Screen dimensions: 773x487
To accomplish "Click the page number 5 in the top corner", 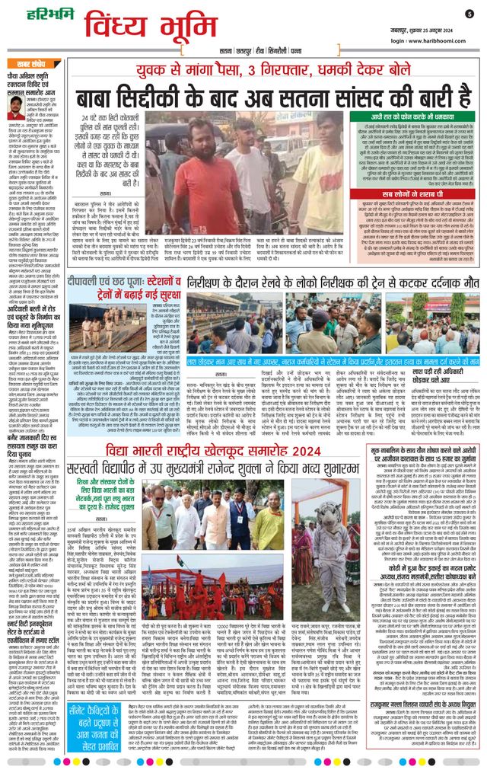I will pos(469,13).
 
